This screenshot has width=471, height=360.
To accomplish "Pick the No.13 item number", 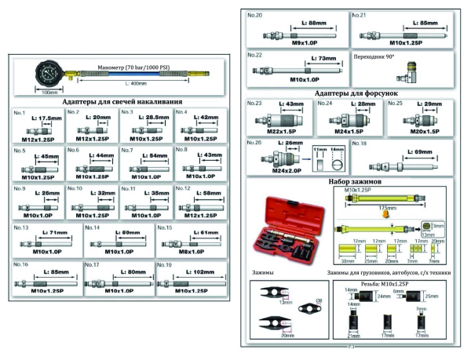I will (20, 227).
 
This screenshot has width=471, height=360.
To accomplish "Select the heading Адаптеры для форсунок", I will (350, 93).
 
